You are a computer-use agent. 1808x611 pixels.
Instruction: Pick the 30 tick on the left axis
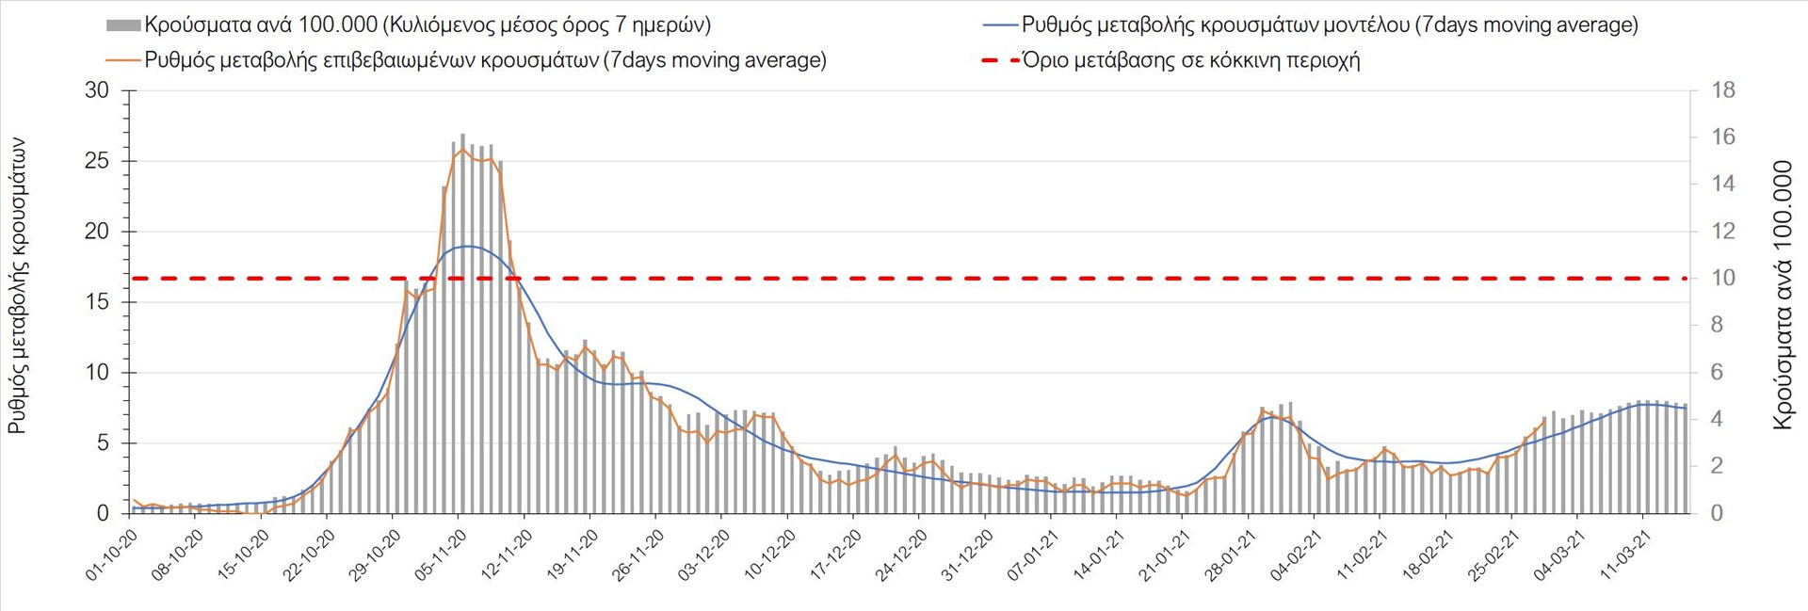tap(97, 90)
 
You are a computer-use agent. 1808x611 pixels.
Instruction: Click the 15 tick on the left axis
tap(97, 302)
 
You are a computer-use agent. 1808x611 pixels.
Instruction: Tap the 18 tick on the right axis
tap(1723, 90)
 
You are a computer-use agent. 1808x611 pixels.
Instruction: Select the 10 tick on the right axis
tap(1723, 278)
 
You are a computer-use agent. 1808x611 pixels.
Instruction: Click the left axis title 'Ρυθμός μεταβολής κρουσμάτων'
tap(17, 286)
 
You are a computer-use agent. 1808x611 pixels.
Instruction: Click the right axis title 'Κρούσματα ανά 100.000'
tap(1783, 296)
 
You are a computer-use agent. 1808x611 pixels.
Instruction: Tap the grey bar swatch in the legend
tap(123, 25)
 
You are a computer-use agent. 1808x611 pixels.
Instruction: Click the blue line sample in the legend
tap(1000, 25)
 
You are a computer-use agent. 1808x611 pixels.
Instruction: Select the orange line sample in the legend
tap(123, 60)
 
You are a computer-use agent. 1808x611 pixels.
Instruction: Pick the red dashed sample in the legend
tap(1000, 60)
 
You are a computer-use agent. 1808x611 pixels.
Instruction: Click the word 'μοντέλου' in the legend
tap(1365, 25)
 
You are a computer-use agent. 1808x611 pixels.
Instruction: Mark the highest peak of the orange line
tap(461, 149)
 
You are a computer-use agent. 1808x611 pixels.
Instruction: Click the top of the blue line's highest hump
tap(468, 246)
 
